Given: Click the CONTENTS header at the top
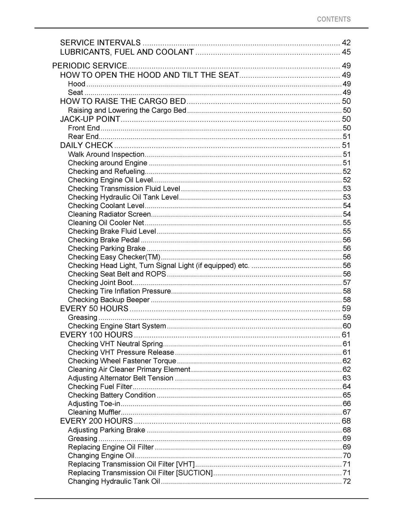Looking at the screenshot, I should [x=334, y=19].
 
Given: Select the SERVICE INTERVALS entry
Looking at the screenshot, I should [x=100, y=43].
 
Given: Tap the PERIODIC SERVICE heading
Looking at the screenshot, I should [x=90, y=66].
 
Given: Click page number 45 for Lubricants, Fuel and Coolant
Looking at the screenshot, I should [x=346, y=52].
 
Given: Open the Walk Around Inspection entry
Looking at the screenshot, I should [x=106, y=154].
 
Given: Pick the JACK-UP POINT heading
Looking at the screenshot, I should [x=90, y=119].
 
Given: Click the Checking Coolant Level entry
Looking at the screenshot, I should [x=106, y=206].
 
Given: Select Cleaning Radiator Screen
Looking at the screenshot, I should [x=109, y=214].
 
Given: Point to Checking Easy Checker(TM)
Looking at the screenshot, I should [x=114, y=257].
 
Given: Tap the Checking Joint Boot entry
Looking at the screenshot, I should [x=100, y=283].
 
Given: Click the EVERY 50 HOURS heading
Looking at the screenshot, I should [x=94, y=308].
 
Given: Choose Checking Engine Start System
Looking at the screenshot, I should [x=117, y=326].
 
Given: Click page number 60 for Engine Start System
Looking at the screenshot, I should [x=347, y=326].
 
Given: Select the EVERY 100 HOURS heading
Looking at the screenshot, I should [x=96, y=335].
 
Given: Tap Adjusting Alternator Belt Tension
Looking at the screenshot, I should [x=120, y=378].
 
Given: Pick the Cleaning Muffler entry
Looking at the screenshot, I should [x=94, y=412].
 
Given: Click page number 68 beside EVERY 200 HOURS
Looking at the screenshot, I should [x=346, y=421].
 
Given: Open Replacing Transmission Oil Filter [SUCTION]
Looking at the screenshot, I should [x=140, y=473].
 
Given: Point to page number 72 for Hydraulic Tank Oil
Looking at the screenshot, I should [x=347, y=481].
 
